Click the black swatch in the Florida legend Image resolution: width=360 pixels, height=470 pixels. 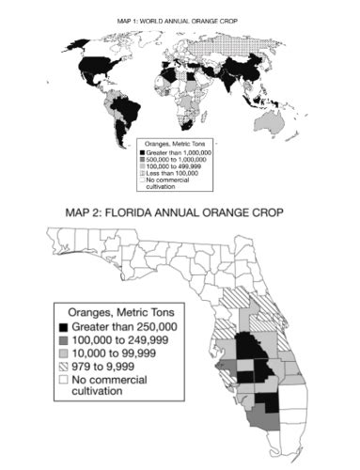[x=62, y=325]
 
